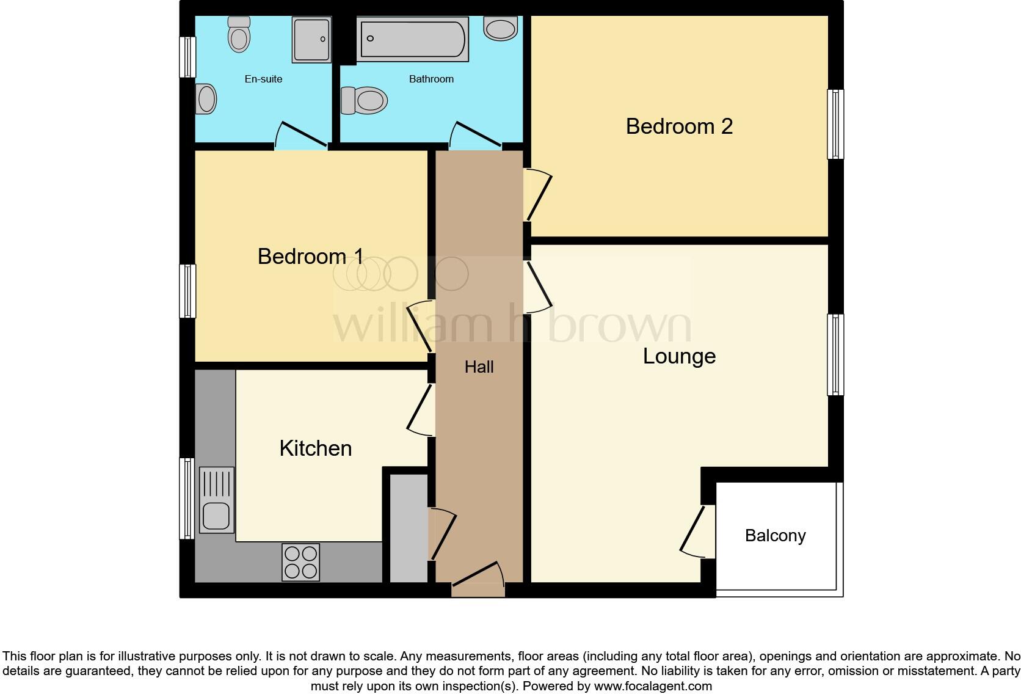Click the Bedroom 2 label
[x=679, y=126]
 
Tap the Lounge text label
[x=679, y=356]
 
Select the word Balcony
[x=775, y=536]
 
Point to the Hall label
[x=479, y=367]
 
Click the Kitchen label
[x=316, y=448]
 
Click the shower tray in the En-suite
[x=311, y=40]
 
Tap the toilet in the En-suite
[x=239, y=34]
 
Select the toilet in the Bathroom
[x=365, y=100]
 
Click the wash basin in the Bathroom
[x=501, y=28]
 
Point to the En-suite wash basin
[x=206, y=99]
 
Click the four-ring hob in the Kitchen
[x=301, y=562]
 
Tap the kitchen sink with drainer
[x=216, y=500]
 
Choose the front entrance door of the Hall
[x=478, y=580]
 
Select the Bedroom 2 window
[x=835, y=124]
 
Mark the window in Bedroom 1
[x=187, y=291]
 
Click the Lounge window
[x=835, y=354]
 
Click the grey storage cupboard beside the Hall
[x=408, y=529]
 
